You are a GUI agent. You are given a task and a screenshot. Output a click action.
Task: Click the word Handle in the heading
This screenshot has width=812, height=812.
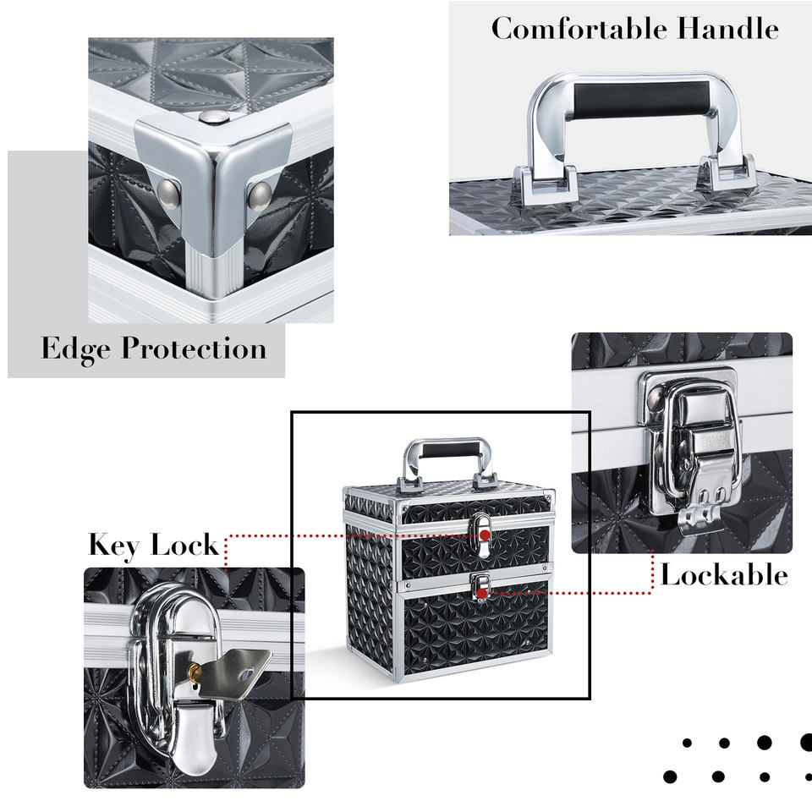tap(728, 29)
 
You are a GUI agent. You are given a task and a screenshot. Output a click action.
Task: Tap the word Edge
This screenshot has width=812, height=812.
tap(75, 349)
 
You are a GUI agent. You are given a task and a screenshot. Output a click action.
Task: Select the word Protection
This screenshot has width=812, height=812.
tap(195, 348)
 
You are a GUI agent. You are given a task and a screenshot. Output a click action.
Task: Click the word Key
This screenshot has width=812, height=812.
tap(114, 546)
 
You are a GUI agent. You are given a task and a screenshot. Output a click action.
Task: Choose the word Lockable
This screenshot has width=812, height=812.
tap(725, 575)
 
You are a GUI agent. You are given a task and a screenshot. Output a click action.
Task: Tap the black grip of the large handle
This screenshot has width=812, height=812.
tap(640, 98)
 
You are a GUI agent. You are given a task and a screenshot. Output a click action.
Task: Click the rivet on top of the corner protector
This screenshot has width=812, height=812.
tap(214, 118)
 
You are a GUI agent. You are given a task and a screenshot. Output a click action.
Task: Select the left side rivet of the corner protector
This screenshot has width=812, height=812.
tap(168, 194)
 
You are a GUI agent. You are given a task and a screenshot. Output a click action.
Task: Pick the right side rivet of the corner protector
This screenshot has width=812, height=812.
tap(260, 196)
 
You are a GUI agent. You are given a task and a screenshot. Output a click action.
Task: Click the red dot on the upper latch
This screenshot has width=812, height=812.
tap(485, 535)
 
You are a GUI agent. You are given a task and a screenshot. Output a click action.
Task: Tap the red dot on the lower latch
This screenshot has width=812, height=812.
tap(482, 594)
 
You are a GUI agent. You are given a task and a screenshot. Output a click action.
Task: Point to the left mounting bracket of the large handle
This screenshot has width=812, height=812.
tap(546, 183)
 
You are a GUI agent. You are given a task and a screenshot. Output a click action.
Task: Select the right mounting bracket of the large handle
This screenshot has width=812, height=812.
tap(727, 172)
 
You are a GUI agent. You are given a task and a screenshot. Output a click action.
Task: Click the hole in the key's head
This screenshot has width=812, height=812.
tap(246, 674)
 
